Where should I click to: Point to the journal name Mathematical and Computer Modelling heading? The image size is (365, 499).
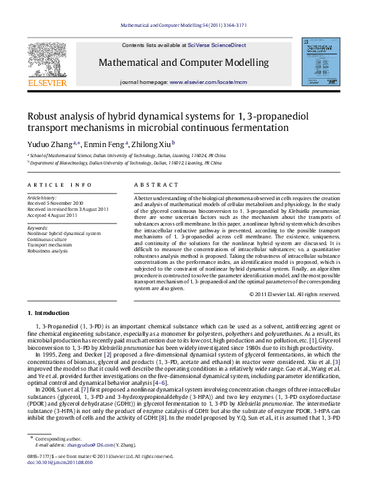click(x=183, y=62)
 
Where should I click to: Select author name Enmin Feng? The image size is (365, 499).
click(x=107, y=144)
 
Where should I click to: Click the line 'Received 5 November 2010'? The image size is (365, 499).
click(x=56, y=203)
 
